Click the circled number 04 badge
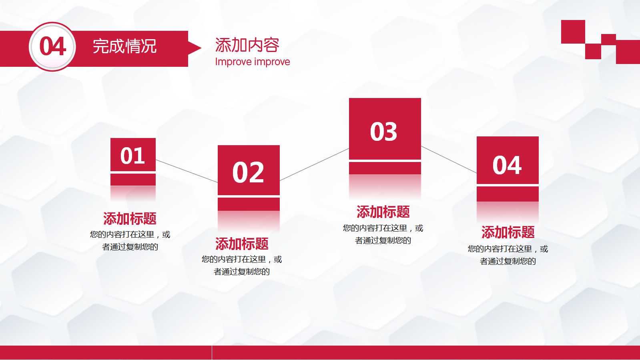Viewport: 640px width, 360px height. pos(52,47)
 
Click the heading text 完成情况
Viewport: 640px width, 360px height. pos(124,46)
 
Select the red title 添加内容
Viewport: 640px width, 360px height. pos(247,45)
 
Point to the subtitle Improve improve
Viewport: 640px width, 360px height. pos(252,62)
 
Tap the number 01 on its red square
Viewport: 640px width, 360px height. pos(132,156)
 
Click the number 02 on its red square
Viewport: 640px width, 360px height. pos(248,172)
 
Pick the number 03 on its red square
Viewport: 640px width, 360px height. pos(384,132)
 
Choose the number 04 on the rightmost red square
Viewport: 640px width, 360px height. pos(507,165)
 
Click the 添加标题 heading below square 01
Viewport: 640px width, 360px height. pos(130,219)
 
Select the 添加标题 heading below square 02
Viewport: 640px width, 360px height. pos(242,244)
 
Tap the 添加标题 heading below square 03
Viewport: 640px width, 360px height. pos(383,212)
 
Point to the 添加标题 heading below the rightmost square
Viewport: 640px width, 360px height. pos(508,232)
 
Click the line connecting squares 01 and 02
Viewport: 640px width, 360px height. pos(187,171)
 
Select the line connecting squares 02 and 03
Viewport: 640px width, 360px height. pos(314,164)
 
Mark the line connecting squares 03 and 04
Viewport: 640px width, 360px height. pos(449,160)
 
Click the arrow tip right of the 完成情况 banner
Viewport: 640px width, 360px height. pos(195,48)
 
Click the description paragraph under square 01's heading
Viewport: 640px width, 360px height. pos(130,240)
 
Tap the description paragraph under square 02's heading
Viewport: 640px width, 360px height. pos(242,265)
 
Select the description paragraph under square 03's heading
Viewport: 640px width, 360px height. pos(383,234)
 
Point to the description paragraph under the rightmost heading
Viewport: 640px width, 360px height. pos(508,255)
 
